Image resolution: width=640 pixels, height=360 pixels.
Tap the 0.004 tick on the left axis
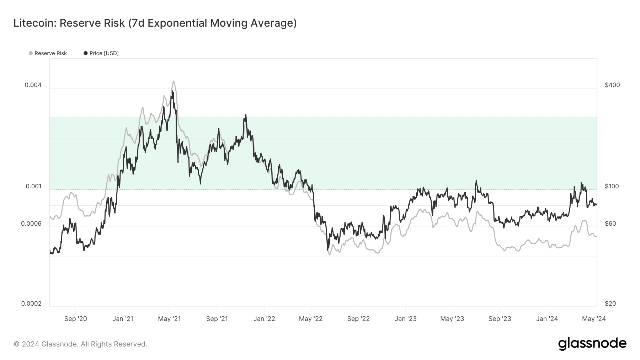33,85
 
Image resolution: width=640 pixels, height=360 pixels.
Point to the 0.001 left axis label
34,186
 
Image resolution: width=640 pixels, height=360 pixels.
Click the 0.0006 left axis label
31,224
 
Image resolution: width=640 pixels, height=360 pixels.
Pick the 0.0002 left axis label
31,303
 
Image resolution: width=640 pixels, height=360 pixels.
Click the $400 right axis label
612,85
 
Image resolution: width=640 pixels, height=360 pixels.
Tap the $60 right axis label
610,224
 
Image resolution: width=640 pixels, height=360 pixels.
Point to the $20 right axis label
610,303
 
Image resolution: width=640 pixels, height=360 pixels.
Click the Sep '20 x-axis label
75,319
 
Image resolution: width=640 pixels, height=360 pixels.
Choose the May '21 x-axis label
169,319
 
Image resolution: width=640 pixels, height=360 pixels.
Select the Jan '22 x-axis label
264,319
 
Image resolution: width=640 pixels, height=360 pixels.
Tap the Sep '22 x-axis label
358,319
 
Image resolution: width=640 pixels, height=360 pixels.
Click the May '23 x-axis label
452,319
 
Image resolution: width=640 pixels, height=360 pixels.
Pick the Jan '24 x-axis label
547,319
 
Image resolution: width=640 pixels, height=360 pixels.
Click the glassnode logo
592,343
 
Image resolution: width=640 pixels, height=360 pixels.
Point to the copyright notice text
80,344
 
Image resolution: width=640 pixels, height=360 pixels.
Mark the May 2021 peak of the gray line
174,81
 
